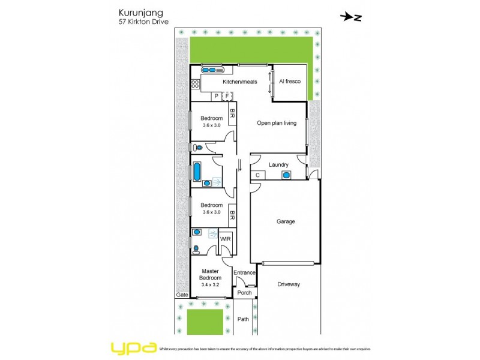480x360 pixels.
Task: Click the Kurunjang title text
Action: point(136,12)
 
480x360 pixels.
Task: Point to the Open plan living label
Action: point(277,123)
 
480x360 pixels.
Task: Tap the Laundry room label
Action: point(279,164)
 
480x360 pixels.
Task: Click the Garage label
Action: point(286,221)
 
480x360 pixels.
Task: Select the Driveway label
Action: point(289,284)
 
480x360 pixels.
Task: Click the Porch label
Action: point(244,293)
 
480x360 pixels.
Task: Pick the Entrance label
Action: point(245,273)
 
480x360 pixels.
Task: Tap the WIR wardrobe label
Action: point(226,239)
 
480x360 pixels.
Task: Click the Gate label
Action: point(182,295)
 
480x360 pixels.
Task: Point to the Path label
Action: point(243,319)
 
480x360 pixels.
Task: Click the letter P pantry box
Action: point(217,96)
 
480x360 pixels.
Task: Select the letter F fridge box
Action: point(227,96)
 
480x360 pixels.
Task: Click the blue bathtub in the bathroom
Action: point(196,172)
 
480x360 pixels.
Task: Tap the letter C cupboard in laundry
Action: point(257,175)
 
